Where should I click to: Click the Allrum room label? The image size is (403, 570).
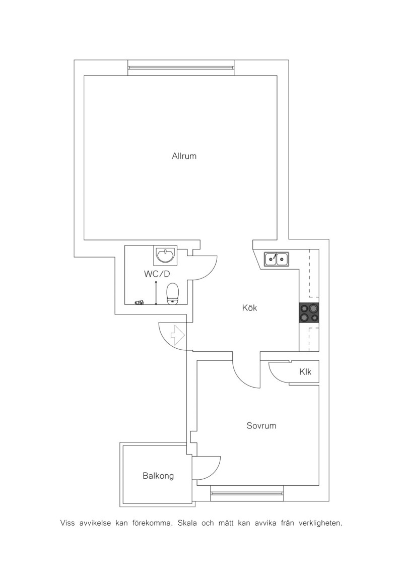[x=184, y=156]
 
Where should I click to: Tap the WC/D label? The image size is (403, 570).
[x=157, y=274]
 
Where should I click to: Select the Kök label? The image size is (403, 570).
[x=249, y=308]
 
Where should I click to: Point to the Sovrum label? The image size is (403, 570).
[x=261, y=426]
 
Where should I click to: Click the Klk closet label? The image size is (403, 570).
[x=305, y=372]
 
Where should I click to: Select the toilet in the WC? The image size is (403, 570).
[x=173, y=294]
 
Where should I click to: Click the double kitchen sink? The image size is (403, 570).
[x=276, y=259]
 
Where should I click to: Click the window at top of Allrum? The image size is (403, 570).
[x=181, y=68]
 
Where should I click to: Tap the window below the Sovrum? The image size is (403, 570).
[x=247, y=493]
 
